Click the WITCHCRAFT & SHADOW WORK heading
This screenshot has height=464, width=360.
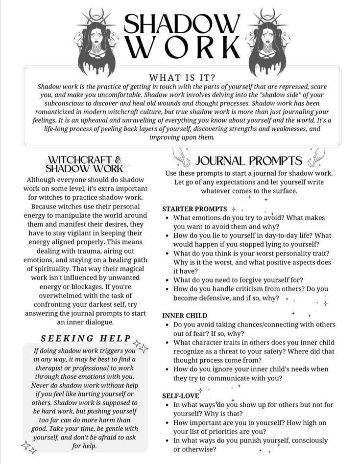[84, 164]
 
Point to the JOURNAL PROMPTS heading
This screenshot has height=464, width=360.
[249, 161]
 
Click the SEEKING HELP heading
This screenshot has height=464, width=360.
[86, 338]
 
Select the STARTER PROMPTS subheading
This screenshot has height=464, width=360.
[194, 209]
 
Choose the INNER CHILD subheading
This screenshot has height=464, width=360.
[185, 316]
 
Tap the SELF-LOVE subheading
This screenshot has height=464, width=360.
[181, 395]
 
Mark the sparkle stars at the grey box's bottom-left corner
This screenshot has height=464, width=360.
[28, 447]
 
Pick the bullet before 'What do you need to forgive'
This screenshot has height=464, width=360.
[168, 280]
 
